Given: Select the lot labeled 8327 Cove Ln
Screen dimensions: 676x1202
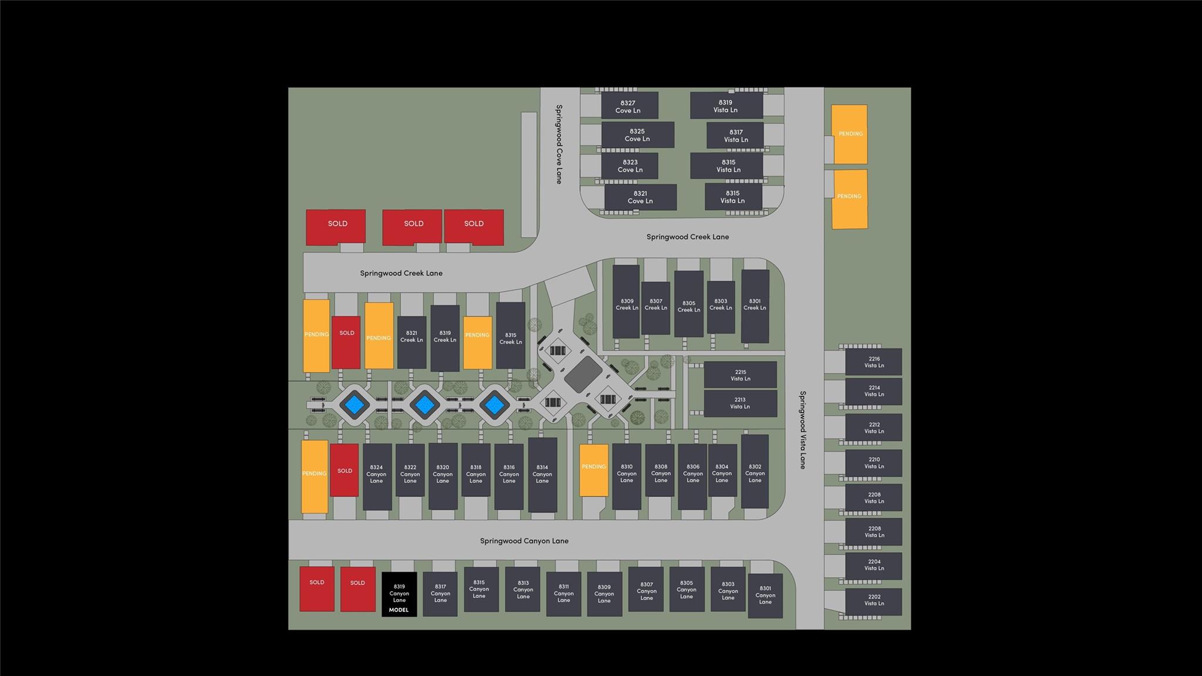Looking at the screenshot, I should coord(629,106).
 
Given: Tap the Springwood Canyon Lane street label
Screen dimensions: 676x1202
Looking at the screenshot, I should coord(524,541).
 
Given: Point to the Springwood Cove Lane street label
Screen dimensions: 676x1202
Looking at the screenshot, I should coord(559,144).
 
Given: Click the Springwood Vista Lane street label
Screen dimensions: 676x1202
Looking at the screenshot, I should coord(803,429).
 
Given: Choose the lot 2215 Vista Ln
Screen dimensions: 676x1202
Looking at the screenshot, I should coord(740,375).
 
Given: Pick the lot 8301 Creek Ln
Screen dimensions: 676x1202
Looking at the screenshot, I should coord(755,305).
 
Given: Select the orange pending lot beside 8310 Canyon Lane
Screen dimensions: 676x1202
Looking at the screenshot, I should coord(594,470).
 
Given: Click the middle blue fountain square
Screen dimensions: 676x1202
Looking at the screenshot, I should coord(424,404).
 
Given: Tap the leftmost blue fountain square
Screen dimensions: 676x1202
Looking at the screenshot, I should coord(354,404).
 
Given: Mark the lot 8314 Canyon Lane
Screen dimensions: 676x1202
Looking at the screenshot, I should coord(542,475).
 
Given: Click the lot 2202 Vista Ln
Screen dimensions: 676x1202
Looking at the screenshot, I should coord(873,601).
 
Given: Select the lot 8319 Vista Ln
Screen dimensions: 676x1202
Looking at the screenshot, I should coord(726,106).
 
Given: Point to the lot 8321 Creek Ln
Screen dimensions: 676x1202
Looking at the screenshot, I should coord(411,337).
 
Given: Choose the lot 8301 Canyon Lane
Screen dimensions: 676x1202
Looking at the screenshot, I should coord(765,596).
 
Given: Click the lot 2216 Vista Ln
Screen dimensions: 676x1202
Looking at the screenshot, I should coord(873,362).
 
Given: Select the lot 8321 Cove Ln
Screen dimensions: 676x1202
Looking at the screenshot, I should coord(640,197).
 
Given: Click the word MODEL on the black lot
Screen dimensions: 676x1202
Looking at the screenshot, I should coord(399,610).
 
